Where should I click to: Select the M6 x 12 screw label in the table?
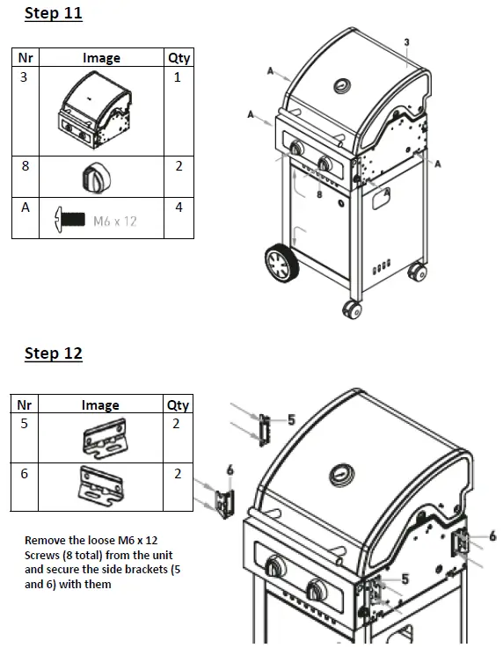pos(115,221)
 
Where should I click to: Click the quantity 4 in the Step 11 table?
pos(179,208)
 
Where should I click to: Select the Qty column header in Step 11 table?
pos(179,58)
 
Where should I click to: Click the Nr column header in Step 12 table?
pos(24,405)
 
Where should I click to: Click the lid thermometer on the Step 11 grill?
pos(341,86)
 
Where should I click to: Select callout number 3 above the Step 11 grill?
pos(406,42)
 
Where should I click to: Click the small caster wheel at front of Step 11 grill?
pos(352,310)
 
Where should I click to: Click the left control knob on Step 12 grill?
pos(274,567)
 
